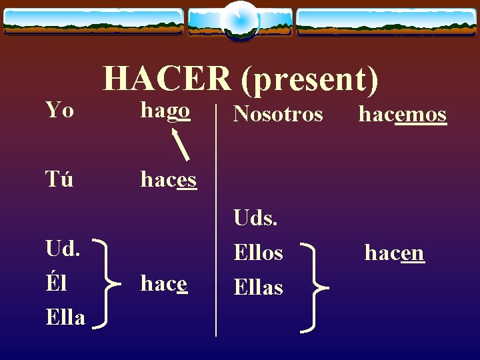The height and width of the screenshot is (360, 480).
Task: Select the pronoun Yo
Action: [59, 109]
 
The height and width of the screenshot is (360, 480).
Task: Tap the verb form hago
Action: [165, 111]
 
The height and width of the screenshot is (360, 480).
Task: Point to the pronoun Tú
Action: [59, 179]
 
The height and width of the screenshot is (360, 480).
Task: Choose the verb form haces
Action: [168, 179]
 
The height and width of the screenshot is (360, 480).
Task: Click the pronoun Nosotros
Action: [278, 115]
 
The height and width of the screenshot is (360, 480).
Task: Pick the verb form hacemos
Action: [402, 115]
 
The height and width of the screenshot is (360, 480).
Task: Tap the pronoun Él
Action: [58, 283]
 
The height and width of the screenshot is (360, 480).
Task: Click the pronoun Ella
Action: [65, 318]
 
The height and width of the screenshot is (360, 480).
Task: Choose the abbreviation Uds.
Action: [256, 217]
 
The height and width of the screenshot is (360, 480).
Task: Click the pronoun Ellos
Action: [258, 253]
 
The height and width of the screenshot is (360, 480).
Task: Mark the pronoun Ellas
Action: [258, 288]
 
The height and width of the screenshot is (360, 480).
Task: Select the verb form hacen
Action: [394, 253]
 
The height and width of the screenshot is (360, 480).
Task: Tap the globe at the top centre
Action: [239, 19]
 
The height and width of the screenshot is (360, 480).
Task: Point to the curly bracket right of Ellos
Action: [313, 287]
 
